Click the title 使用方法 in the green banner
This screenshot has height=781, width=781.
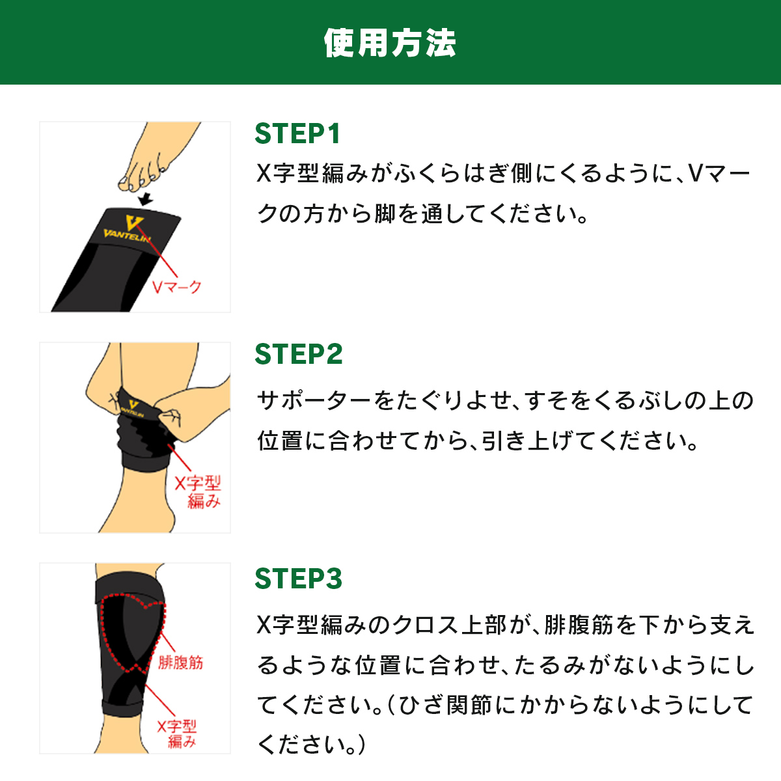pyautogui.click(x=390, y=42)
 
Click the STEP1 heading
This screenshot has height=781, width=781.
pyautogui.click(x=297, y=134)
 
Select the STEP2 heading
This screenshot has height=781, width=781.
pyautogui.click(x=299, y=354)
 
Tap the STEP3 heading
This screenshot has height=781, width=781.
pyautogui.click(x=299, y=579)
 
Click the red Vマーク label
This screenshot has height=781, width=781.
pyautogui.click(x=177, y=287)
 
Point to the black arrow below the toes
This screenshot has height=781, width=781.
pyautogui.click(x=146, y=199)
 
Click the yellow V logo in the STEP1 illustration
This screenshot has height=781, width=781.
pyautogui.click(x=134, y=223)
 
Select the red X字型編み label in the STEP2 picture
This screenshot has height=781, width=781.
pyautogui.click(x=199, y=492)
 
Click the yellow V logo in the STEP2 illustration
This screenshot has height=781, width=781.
pyautogui.click(x=133, y=404)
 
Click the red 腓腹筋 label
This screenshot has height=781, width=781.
pyautogui.click(x=180, y=663)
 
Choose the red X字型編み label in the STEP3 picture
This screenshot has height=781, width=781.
pyautogui.click(x=177, y=733)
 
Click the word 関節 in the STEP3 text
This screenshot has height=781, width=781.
pyautogui.click(x=469, y=705)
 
